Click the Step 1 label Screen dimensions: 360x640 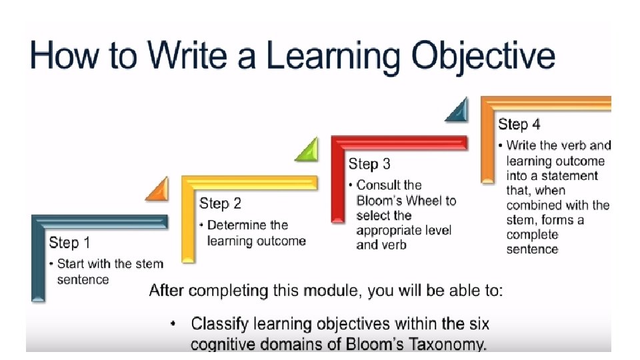[69, 243]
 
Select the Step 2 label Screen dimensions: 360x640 [220, 203]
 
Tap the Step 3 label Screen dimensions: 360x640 [369, 164]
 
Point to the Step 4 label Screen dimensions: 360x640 [519, 125]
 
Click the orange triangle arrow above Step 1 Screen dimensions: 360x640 [157, 190]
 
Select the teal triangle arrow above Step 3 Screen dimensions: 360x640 [457, 110]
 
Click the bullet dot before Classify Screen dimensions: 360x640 [173, 325]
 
